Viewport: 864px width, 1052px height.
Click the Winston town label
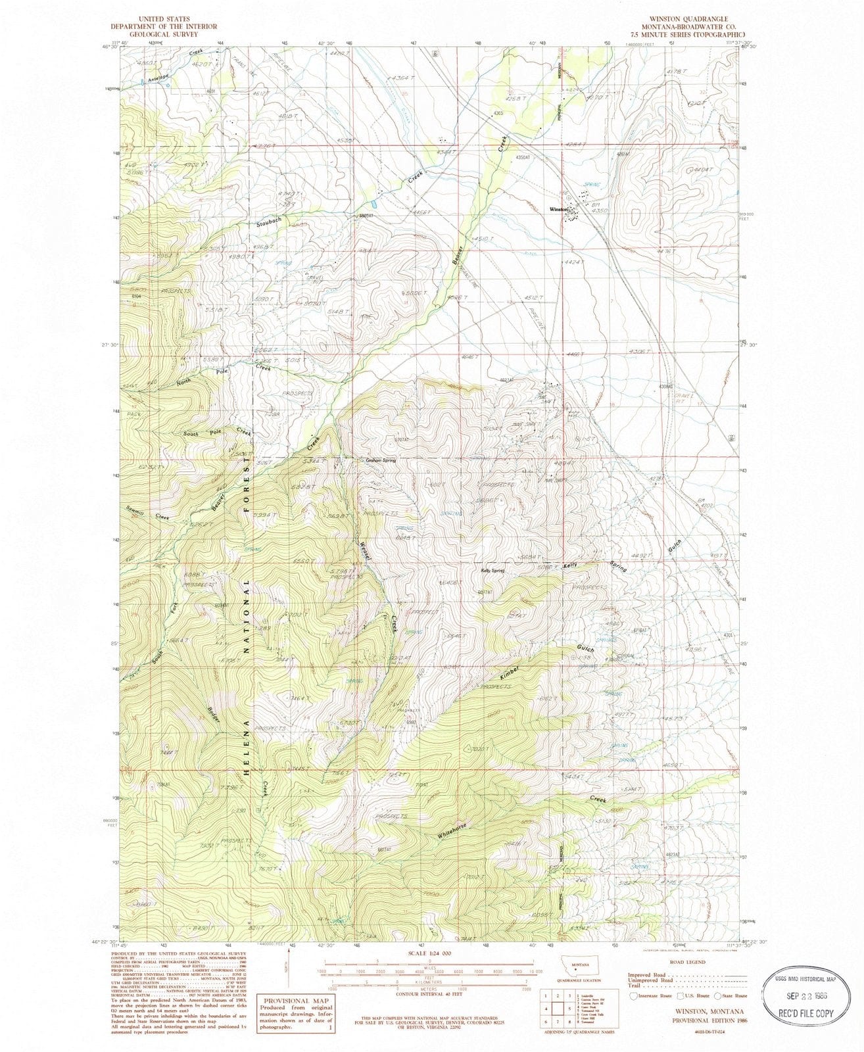(557, 209)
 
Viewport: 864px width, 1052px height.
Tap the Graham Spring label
(381, 461)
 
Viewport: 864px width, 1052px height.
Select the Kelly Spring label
(492, 571)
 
